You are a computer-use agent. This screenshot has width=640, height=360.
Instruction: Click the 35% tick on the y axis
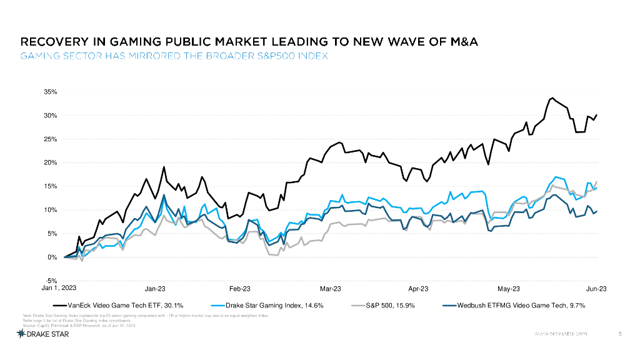[50, 92]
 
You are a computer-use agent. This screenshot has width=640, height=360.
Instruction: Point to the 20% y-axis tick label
[50, 162]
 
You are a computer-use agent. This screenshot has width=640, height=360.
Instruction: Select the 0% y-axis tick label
[52, 257]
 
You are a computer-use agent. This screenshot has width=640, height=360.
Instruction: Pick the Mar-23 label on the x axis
[331, 289]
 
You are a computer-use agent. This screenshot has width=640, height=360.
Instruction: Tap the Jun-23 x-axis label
[596, 289]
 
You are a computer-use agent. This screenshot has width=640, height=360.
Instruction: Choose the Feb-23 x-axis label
[240, 289]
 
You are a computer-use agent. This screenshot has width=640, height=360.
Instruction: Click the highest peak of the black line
[552, 98]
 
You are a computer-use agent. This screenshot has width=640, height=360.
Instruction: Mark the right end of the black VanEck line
[597, 115]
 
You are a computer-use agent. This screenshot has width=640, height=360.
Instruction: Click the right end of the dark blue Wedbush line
[597, 211]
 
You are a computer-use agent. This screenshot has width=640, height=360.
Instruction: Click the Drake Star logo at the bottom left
[42, 334]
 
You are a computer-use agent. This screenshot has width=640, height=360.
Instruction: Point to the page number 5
[619, 334]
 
